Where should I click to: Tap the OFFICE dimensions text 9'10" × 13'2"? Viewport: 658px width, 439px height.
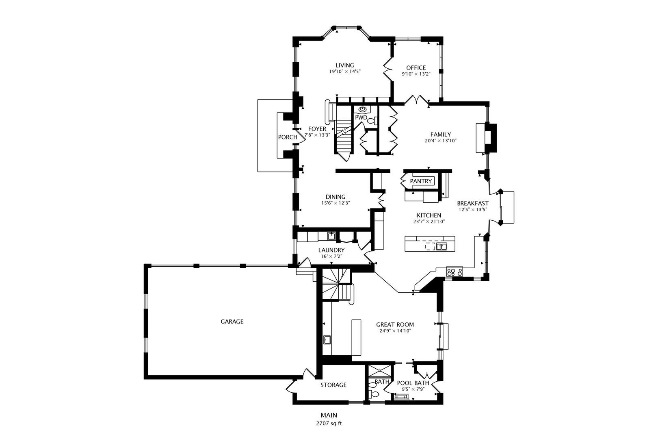pos(416,74)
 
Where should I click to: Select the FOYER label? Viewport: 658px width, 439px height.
pos(317,129)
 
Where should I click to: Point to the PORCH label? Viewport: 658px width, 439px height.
pos(288,137)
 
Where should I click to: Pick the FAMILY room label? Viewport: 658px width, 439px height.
pos(441,135)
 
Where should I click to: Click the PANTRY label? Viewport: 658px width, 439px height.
pos(421,181)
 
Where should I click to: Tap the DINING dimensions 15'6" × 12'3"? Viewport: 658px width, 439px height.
pos(336,203)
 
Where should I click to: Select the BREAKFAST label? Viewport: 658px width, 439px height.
pos(473,203)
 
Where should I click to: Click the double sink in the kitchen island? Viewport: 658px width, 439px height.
pos(441,246)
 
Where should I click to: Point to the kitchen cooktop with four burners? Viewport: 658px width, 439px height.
pos(455,272)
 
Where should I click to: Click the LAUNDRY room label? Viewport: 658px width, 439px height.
pos(331,250)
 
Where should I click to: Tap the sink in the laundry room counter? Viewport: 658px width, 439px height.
pos(332,236)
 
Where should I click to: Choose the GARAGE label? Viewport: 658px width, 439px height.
pos(232,322)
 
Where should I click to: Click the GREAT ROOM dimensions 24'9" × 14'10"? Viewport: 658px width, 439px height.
pos(395,331)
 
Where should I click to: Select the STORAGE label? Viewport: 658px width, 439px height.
pos(333,385)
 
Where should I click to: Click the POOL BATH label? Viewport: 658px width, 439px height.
pos(413,383)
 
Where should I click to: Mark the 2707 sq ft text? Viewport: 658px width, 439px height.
pos(329,424)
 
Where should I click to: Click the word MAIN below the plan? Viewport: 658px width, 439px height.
pos(329,415)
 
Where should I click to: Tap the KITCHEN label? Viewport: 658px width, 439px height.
pos(429,215)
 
